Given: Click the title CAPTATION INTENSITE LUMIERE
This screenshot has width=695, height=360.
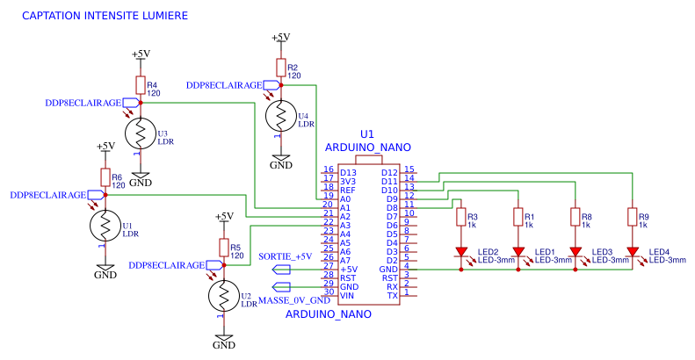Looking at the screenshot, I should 105,17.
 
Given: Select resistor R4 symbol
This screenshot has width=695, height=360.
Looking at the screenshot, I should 140,84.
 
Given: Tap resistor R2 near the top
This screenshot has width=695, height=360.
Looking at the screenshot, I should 280,68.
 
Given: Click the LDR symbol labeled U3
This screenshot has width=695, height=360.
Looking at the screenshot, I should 140,133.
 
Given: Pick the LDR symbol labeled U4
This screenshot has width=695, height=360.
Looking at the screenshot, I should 280,116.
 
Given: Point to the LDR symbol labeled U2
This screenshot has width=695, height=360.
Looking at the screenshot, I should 224,293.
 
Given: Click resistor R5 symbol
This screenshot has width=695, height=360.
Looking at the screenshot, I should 224,250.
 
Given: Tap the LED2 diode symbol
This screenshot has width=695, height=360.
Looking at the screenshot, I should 460,253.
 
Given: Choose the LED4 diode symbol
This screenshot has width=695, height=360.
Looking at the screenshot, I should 631,253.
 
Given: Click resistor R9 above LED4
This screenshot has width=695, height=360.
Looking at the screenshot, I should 631,217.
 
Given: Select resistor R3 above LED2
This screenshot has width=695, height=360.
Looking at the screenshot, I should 460,217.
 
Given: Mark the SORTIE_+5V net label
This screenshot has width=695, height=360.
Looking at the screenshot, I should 286,256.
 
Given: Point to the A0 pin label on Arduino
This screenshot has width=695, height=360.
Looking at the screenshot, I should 344,199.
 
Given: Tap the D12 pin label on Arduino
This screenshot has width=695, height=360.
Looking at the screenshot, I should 390,172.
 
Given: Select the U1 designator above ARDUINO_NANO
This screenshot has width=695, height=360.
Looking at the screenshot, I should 367,133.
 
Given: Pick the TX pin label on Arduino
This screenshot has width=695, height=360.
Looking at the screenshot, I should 393,295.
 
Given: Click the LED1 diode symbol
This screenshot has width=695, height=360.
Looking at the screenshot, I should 518,253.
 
